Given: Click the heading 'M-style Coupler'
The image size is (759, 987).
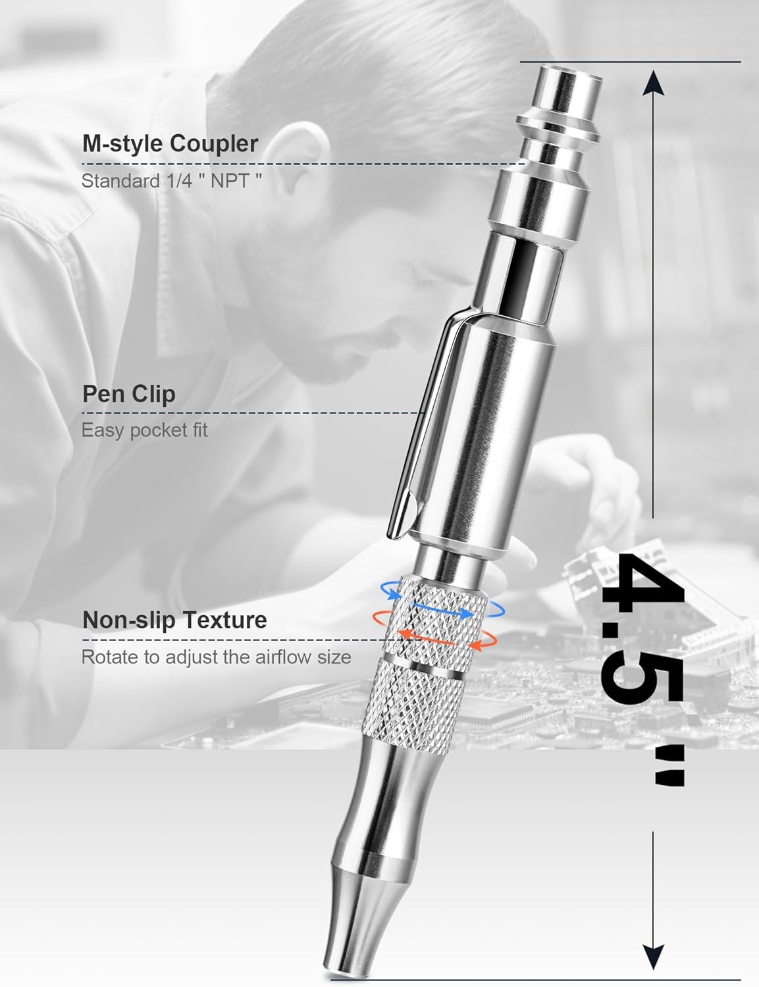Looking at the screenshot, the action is click(170, 143).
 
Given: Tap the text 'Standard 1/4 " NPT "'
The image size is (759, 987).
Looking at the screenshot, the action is click(172, 181).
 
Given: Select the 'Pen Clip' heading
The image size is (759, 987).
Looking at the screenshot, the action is click(129, 393).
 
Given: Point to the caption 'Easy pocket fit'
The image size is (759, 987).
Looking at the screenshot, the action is click(144, 430).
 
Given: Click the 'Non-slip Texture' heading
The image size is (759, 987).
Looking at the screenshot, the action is click(175, 620).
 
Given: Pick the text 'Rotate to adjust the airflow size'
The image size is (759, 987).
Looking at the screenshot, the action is click(216, 657).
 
